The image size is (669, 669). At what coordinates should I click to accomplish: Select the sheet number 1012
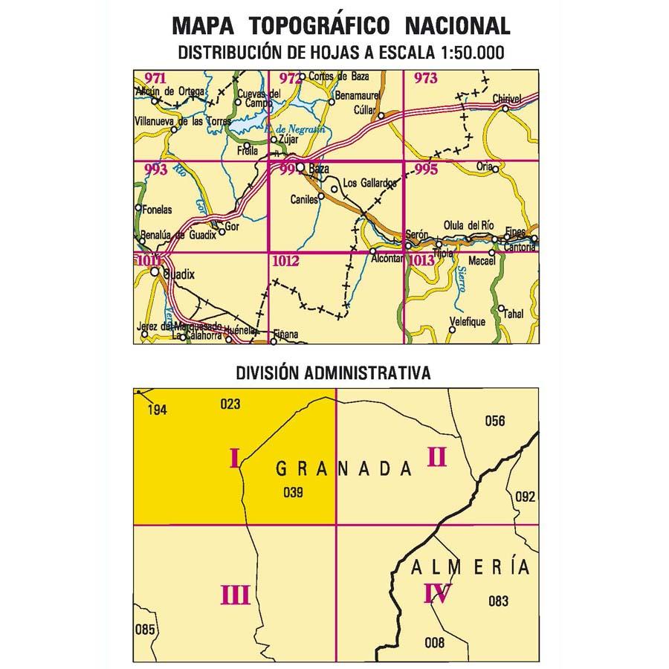285,260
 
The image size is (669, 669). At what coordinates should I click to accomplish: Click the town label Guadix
178,274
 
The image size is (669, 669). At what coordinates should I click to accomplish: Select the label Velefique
467,322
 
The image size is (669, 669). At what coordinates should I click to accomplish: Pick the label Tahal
513,314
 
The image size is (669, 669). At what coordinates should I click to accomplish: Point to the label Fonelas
157,210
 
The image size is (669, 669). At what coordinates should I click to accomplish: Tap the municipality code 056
494,421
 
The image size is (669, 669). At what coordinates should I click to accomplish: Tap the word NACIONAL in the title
457,26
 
